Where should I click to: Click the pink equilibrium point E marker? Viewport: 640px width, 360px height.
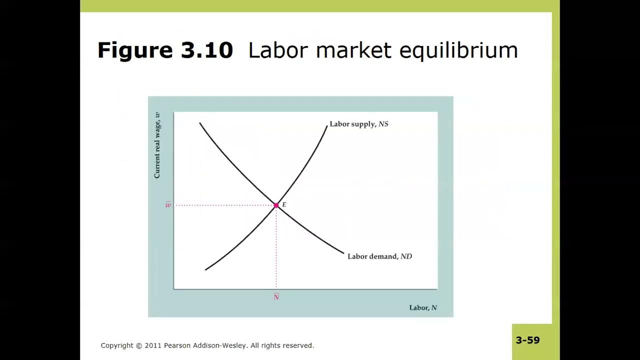pyautogui.click(x=276, y=205)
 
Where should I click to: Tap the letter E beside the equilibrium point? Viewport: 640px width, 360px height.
pyautogui.click(x=284, y=204)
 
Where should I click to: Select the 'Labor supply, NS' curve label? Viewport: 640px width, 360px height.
pyautogui.click(x=358, y=124)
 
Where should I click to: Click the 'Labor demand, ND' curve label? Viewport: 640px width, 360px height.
pyautogui.click(x=379, y=256)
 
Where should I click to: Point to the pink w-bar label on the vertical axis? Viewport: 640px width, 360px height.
pyautogui.click(x=168, y=205)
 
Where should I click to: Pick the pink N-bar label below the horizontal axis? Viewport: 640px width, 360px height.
pyautogui.click(x=276, y=296)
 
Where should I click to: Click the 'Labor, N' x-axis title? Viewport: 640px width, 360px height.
pyautogui.click(x=423, y=307)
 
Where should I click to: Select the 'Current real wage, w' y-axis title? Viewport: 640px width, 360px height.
pyautogui.click(x=157, y=145)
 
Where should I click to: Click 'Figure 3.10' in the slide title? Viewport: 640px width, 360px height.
pyautogui.click(x=165, y=50)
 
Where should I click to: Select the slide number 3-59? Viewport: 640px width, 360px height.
pyautogui.click(x=527, y=340)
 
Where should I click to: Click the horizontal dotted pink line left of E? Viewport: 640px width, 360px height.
pyautogui.click(x=225, y=205)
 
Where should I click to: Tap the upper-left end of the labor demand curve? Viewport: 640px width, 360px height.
pyautogui.click(x=200, y=123)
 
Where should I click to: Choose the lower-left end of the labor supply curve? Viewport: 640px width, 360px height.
pyautogui.click(x=205, y=269)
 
